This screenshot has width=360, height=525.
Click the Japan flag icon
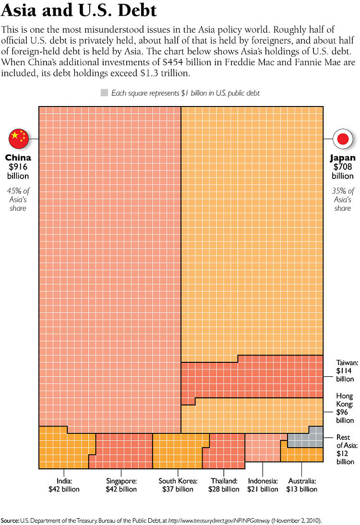tap(343, 139)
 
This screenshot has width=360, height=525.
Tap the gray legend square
tap(104, 93)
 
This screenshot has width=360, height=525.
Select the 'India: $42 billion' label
tap(64, 485)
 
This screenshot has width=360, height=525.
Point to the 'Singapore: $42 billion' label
tap(121, 485)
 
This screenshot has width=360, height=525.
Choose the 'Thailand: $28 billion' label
tap(223, 485)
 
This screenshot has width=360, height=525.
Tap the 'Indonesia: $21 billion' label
tap(263, 485)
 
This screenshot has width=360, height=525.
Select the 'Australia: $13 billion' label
tap(302, 485)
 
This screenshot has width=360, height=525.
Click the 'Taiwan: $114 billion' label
tap(345, 371)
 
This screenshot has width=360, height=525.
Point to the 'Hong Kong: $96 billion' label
tap(345, 408)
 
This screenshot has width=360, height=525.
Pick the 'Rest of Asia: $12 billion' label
tap(345, 450)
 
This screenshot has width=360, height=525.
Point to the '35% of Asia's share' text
tap(343, 199)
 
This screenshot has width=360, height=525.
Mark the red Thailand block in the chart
tap(226, 453)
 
